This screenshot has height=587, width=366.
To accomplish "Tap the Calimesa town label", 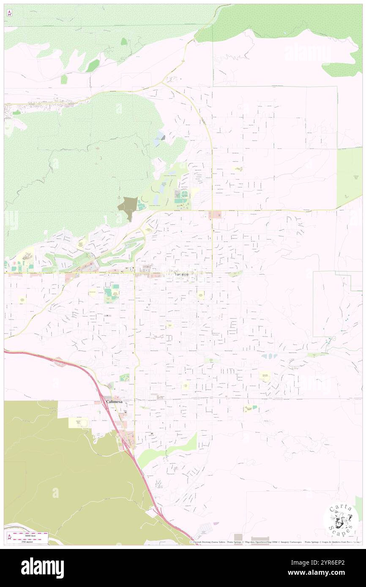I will [114, 402].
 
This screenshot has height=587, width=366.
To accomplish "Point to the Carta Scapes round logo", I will [341, 521].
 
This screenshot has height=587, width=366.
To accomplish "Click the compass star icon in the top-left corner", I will [9, 13].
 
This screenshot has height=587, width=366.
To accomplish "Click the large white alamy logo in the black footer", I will [42, 568].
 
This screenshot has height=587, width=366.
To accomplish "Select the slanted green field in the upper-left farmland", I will [93, 66].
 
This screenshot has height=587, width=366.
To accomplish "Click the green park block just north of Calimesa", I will [124, 378].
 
